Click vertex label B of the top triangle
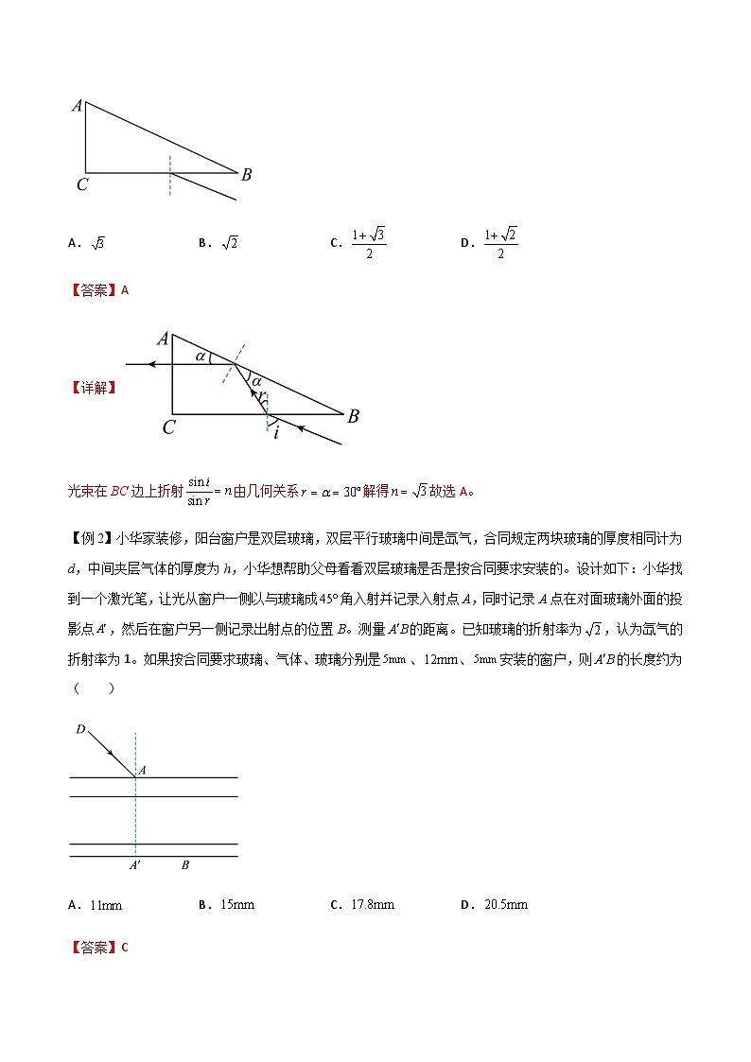(x=246, y=174)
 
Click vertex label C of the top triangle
(x=82, y=185)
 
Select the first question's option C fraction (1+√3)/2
(x=368, y=243)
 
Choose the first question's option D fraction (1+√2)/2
(x=500, y=243)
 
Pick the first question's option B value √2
(x=229, y=243)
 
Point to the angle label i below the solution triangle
(x=275, y=433)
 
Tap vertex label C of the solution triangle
(x=168, y=427)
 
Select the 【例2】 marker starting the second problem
(x=92, y=538)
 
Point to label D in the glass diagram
(x=79, y=729)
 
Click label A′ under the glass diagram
(x=136, y=865)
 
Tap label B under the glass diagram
(x=185, y=865)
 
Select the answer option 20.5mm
(x=505, y=905)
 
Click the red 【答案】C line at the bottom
(x=98, y=947)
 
